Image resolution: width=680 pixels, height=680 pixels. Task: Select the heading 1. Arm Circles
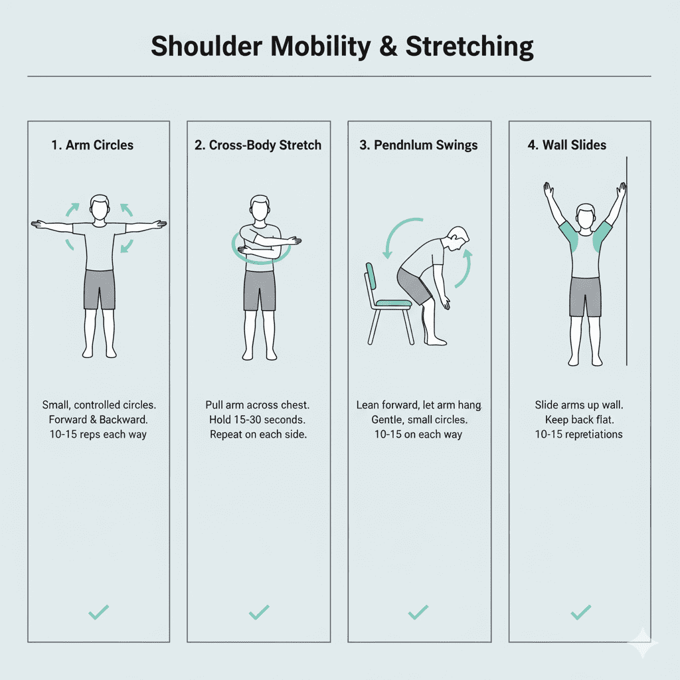click(92, 145)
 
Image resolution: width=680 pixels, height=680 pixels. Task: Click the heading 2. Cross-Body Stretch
click(258, 145)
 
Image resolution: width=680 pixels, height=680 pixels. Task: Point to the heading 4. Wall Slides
click(566, 145)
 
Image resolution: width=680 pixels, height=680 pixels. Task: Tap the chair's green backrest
click(371, 276)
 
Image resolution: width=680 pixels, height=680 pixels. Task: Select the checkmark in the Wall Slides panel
click(580, 612)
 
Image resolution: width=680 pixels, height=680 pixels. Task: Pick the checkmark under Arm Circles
click(98, 612)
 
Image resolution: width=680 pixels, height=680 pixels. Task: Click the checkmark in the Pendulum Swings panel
click(418, 612)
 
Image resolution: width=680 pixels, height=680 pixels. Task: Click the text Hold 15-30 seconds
click(258, 420)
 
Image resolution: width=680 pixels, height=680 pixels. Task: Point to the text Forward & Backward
click(98, 420)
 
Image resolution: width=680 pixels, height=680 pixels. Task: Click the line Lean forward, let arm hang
click(418, 405)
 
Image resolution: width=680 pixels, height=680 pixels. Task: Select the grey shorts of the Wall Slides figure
click(585, 297)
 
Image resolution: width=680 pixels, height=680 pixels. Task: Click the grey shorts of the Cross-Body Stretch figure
click(259, 291)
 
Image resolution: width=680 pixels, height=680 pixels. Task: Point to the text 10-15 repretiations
click(578, 434)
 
